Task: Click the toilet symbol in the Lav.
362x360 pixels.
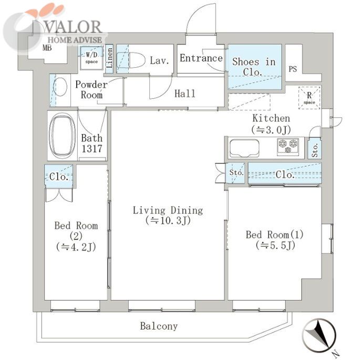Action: (x=131, y=60)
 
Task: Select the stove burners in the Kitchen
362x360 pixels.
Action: (x=288, y=147)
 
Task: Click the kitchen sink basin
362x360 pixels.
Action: (x=244, y=148)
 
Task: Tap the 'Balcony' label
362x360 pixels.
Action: (x=159, y=326)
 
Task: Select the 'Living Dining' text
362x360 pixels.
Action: (x=168, y=210)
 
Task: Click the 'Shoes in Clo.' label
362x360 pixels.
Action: (x=254, y=67)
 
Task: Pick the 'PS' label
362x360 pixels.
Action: (x=293, y=69)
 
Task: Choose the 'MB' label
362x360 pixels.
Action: (x=47, y=48)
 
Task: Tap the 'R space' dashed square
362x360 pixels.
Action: (x=309, y=97)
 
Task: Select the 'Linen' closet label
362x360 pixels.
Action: (x=110, y=58)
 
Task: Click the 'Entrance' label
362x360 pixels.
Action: (x=201, y=58)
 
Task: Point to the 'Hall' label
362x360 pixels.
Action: (x=185, y=94)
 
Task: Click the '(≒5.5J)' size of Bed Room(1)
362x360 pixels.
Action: (x=275, y=245)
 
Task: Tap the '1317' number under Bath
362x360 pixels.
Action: (x=91, y=149)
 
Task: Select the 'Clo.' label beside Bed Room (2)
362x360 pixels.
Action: (x=59, y=177)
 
